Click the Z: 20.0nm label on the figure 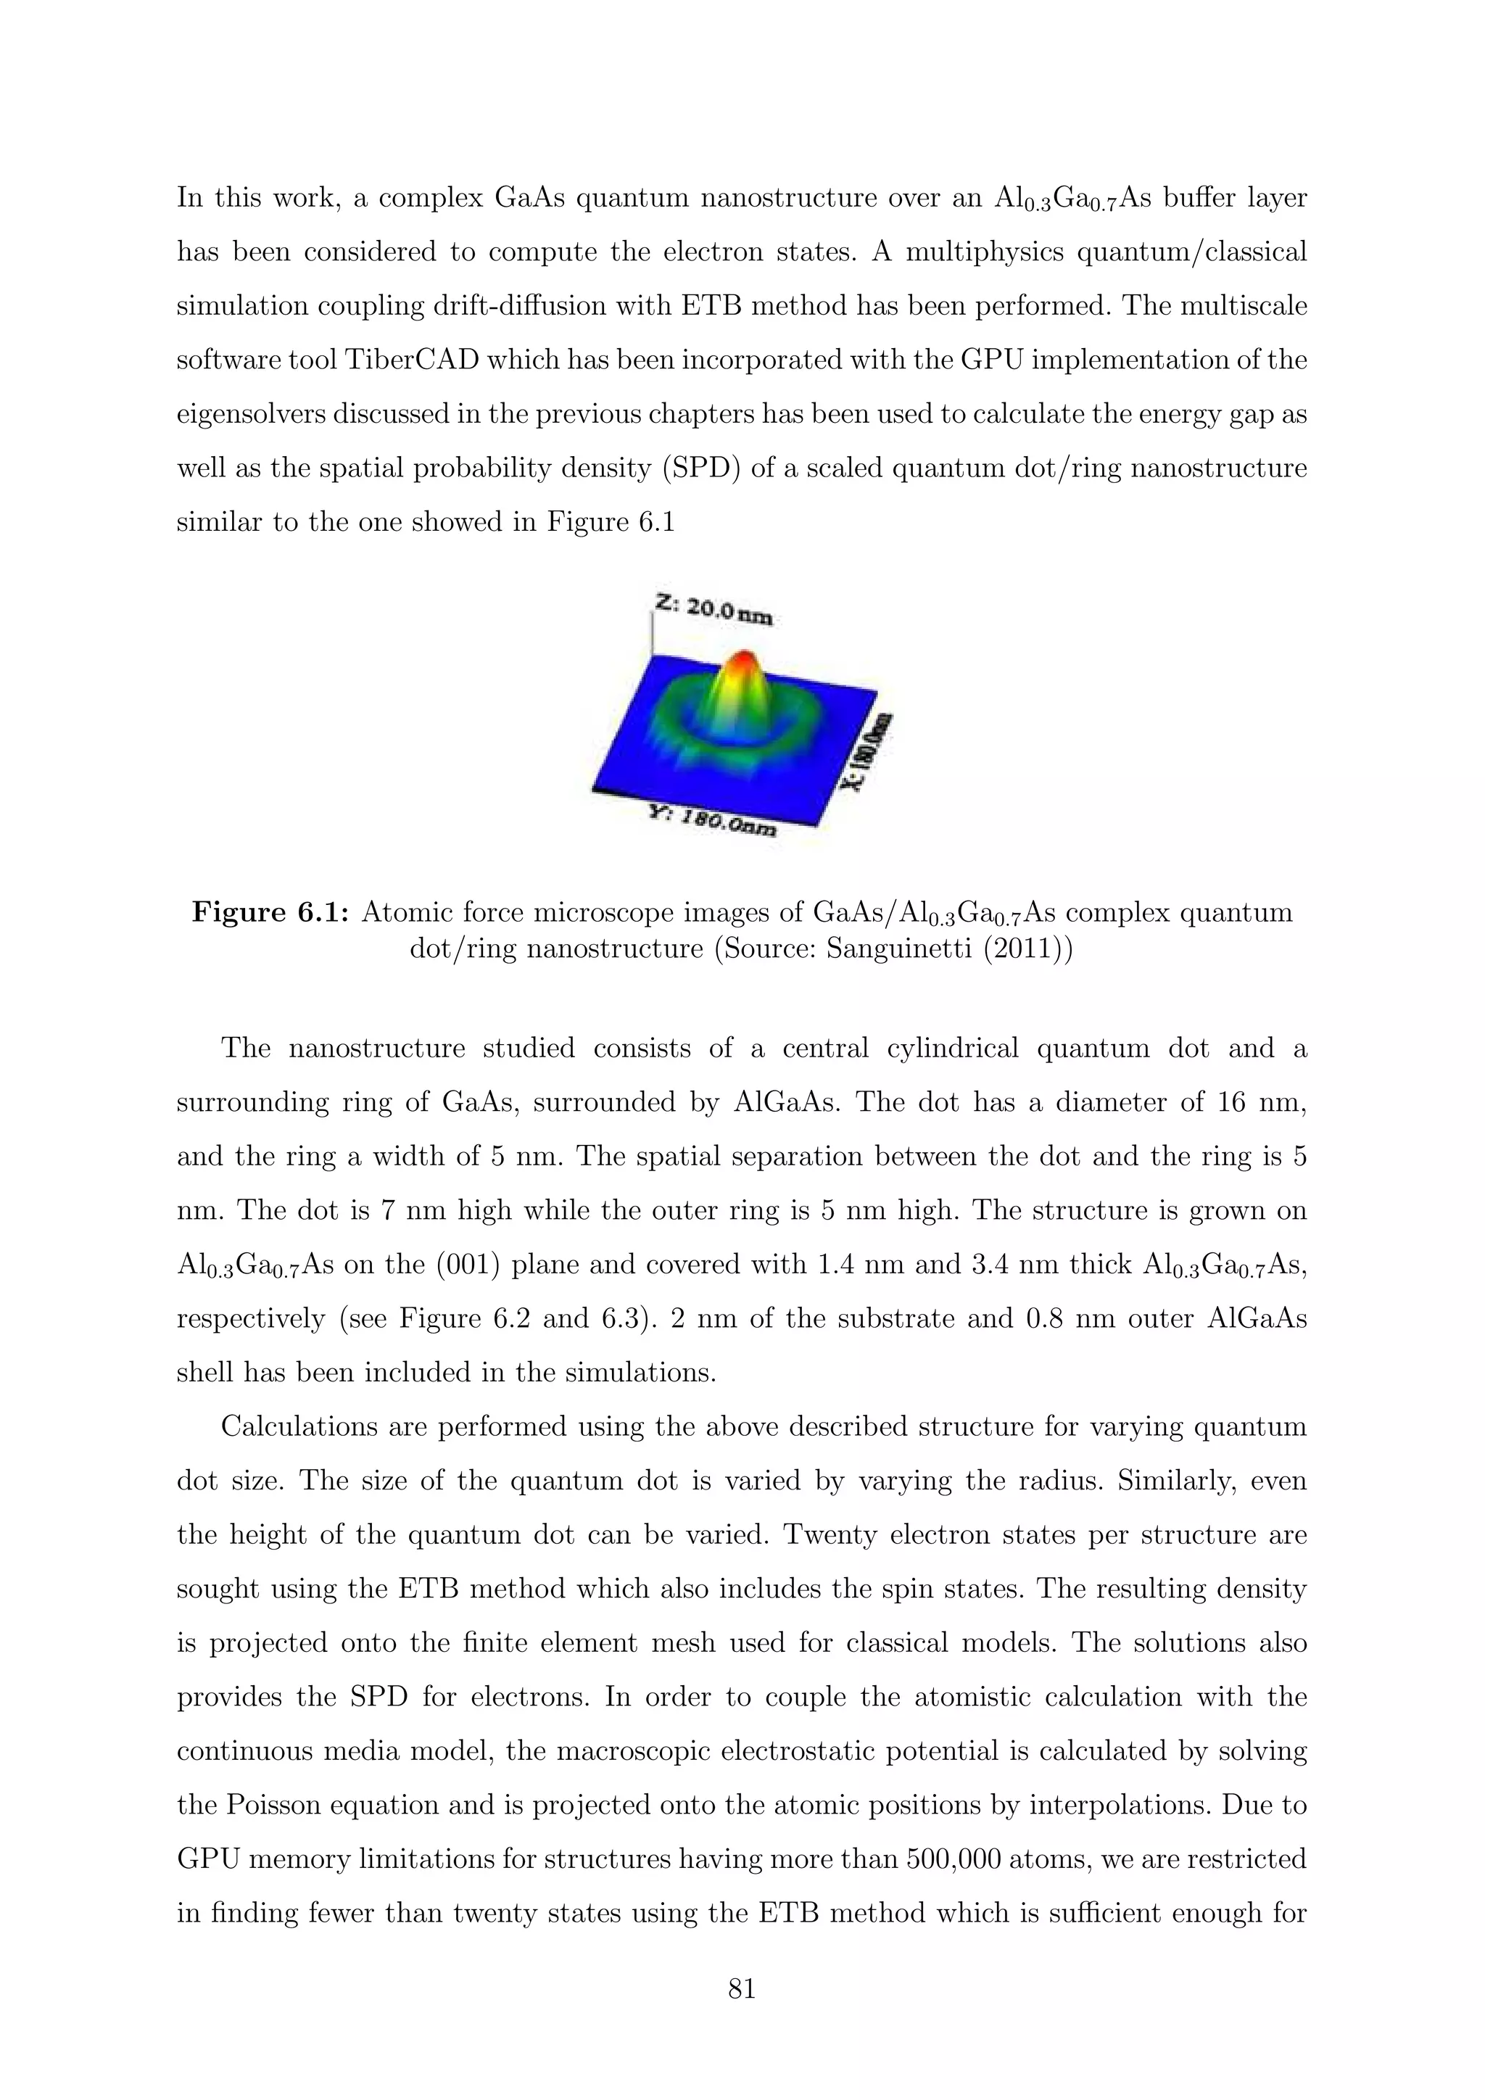[714, 608]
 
